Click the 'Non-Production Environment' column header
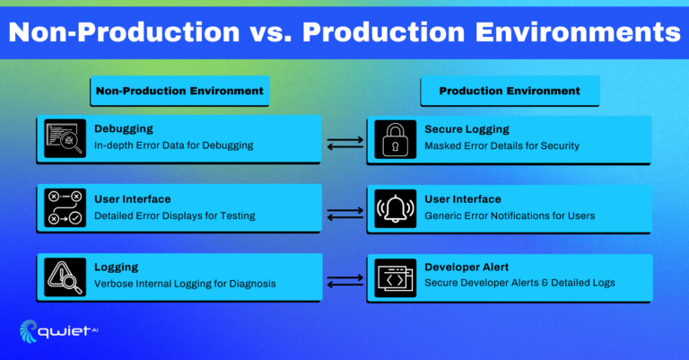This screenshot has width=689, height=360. pyautogui.click(x=180, y=91)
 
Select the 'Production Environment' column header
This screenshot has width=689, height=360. pyautogui.click(x=509, y=91)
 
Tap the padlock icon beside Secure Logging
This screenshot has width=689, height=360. pyautogui.click(x=395, y=139)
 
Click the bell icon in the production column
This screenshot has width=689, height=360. pyautogui.click(x=395, y=208)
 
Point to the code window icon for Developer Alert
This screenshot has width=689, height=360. pyautogui.click(x=395, y=277)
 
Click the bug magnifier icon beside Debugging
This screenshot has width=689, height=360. pyautogui.click(x=65, y=139)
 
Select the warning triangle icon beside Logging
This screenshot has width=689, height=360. pyautogui.click(x=65, y=277)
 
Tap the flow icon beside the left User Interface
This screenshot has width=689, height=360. pyautogui.click(x=65, y=208)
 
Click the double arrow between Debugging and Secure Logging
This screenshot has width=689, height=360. pyautogui.click(x=344, y=142)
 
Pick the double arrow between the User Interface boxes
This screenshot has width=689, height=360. pyautogui.click(x=344, y=213)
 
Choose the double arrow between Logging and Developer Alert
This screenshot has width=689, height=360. pyautogui.click(x=344, y=282)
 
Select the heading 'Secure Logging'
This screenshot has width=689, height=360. pyautogui.click(x=467, y=129)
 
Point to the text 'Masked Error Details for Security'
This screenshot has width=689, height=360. pyautogui.click(x=501, y=145)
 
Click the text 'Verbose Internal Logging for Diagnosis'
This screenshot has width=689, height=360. pyautogui.click(x=185, y=284)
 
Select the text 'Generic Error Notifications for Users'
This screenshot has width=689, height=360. pyautogui.click(x=510, y=215)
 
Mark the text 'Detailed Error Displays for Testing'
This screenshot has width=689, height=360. pyautogui.click(x=175, y=215)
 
